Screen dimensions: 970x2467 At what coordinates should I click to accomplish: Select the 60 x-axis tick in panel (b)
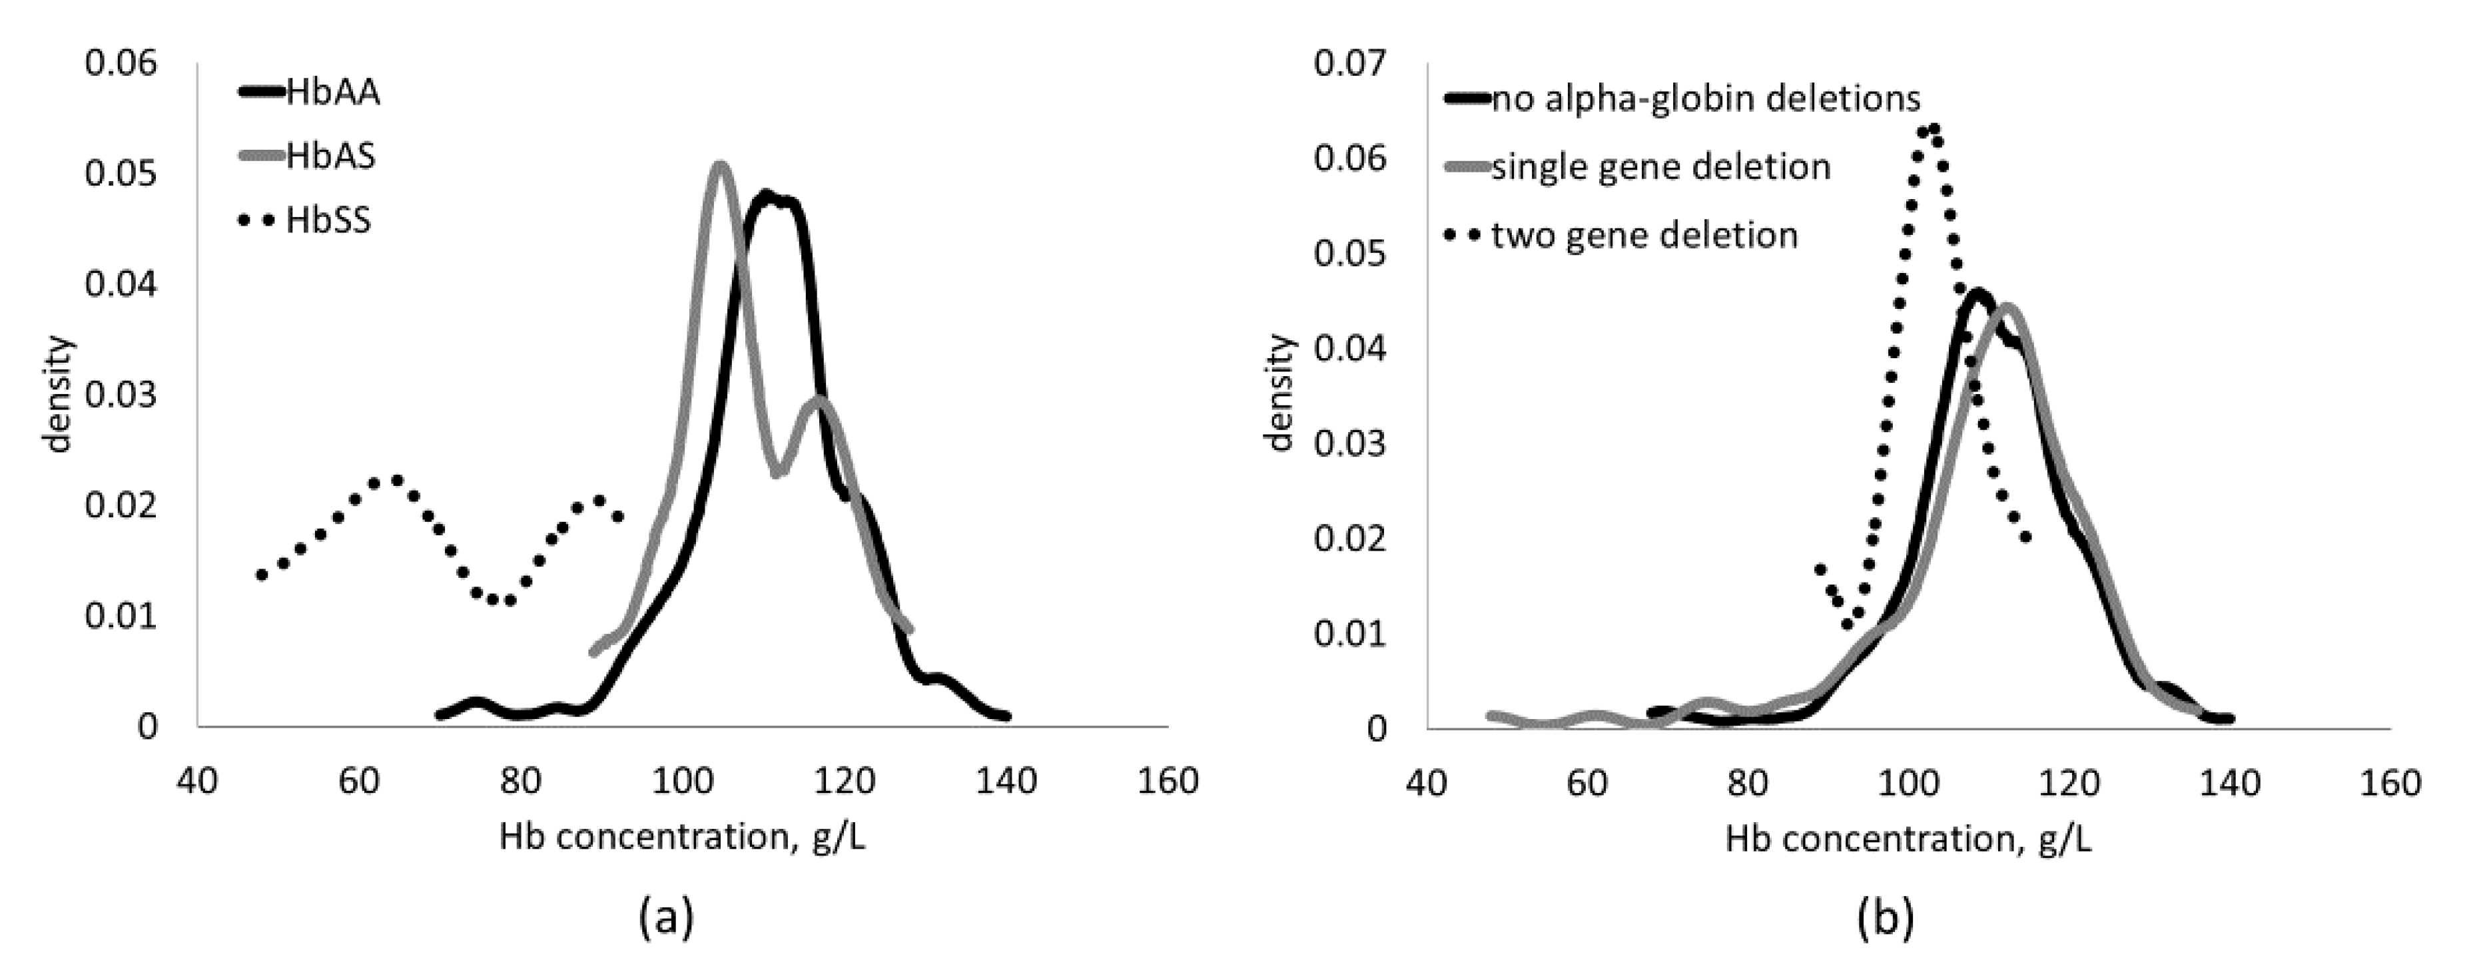[x=1587, y=784]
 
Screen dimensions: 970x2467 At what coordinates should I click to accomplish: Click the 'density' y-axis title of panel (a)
[x=59, y=393]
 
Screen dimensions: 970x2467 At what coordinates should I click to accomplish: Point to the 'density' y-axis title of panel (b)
[x=1279, y=393]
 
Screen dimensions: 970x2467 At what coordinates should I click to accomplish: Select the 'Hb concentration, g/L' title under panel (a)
[x=682, y=838]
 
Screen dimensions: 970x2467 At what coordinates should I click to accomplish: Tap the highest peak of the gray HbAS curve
[x=720, y=166]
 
